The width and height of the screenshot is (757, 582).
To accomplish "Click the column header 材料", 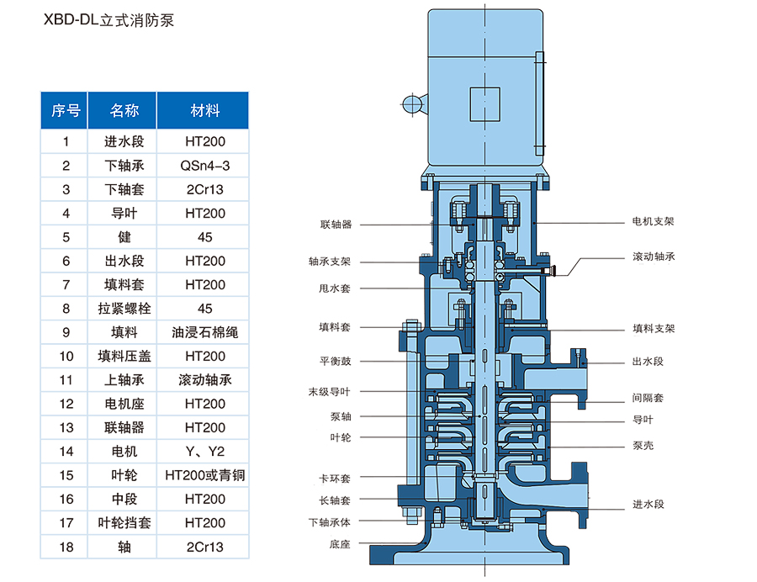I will [x=205, y=110].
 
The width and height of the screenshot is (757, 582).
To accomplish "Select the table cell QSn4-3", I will [x=205, y=166].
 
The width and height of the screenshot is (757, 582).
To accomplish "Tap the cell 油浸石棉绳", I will [x=205, y=332].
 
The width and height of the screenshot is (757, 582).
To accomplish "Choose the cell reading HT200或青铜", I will [x=205, y=475].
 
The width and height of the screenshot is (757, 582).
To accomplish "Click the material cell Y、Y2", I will [x=205, y=452].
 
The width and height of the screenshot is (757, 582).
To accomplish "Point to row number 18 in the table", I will [x=66, y=547].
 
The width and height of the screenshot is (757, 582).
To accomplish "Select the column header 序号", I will [x=66, y=110].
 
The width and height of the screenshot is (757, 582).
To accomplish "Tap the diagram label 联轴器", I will [x=336, y=225].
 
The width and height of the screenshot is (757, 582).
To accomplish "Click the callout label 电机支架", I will [x=653, y=222].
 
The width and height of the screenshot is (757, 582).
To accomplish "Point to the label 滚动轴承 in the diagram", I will [x=653, y=256].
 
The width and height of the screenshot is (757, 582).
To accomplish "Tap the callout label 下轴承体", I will [x=331, y=521].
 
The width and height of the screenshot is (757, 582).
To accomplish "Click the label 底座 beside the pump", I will [x=340, y=544].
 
